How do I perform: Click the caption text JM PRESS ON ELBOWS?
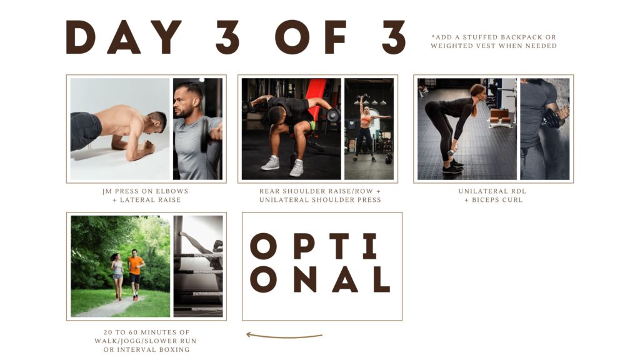(x=146, y=191)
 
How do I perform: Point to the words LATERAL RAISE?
(x=150, y=200)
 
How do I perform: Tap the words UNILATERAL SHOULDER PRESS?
(x=320, y=200)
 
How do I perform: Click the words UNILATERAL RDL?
(x=492, y=191)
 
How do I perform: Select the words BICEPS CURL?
(x=497, y=200)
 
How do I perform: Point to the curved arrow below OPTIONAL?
(x=284, y=336)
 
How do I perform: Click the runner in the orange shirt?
(x=136, y=274)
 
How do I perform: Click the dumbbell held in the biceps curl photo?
(x=551, y=118)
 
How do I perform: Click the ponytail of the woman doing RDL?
(x=474, y=106)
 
